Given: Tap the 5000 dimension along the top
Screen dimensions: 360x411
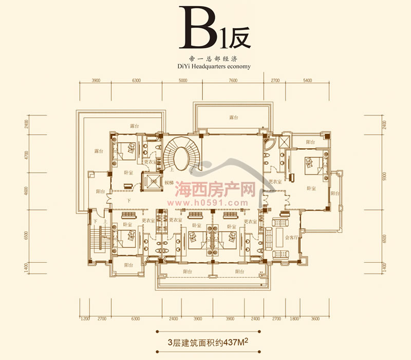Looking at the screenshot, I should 182,81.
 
